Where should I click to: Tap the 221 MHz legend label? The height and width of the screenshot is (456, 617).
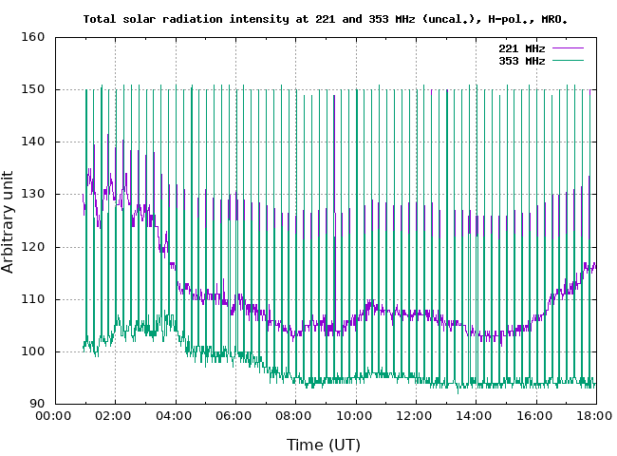[521, 47]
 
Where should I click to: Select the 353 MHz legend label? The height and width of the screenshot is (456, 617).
[521, 60]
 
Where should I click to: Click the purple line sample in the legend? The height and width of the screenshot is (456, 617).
[567, 47]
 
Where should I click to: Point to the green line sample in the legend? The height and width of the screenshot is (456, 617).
[567, 60]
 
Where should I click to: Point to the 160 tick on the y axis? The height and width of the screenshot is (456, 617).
[34, 37]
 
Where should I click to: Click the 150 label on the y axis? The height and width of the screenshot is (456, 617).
[34, 89]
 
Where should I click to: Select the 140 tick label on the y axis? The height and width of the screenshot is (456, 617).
[34, 142]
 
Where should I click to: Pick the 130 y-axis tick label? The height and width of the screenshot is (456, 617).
[34, 195]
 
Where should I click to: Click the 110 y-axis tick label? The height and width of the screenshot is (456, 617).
[34, 299]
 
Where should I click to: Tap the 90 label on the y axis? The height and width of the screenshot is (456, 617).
[38, 404]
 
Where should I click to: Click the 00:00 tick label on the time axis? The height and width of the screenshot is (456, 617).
[54, 416]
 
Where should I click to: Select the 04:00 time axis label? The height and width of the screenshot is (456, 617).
[175, 416]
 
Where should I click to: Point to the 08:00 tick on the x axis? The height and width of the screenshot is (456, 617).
[294, 416]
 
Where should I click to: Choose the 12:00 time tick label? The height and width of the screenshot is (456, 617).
[415, 416]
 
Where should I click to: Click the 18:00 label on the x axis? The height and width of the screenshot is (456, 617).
[595, 416]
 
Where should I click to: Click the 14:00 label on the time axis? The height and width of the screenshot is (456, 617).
[475, 416]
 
